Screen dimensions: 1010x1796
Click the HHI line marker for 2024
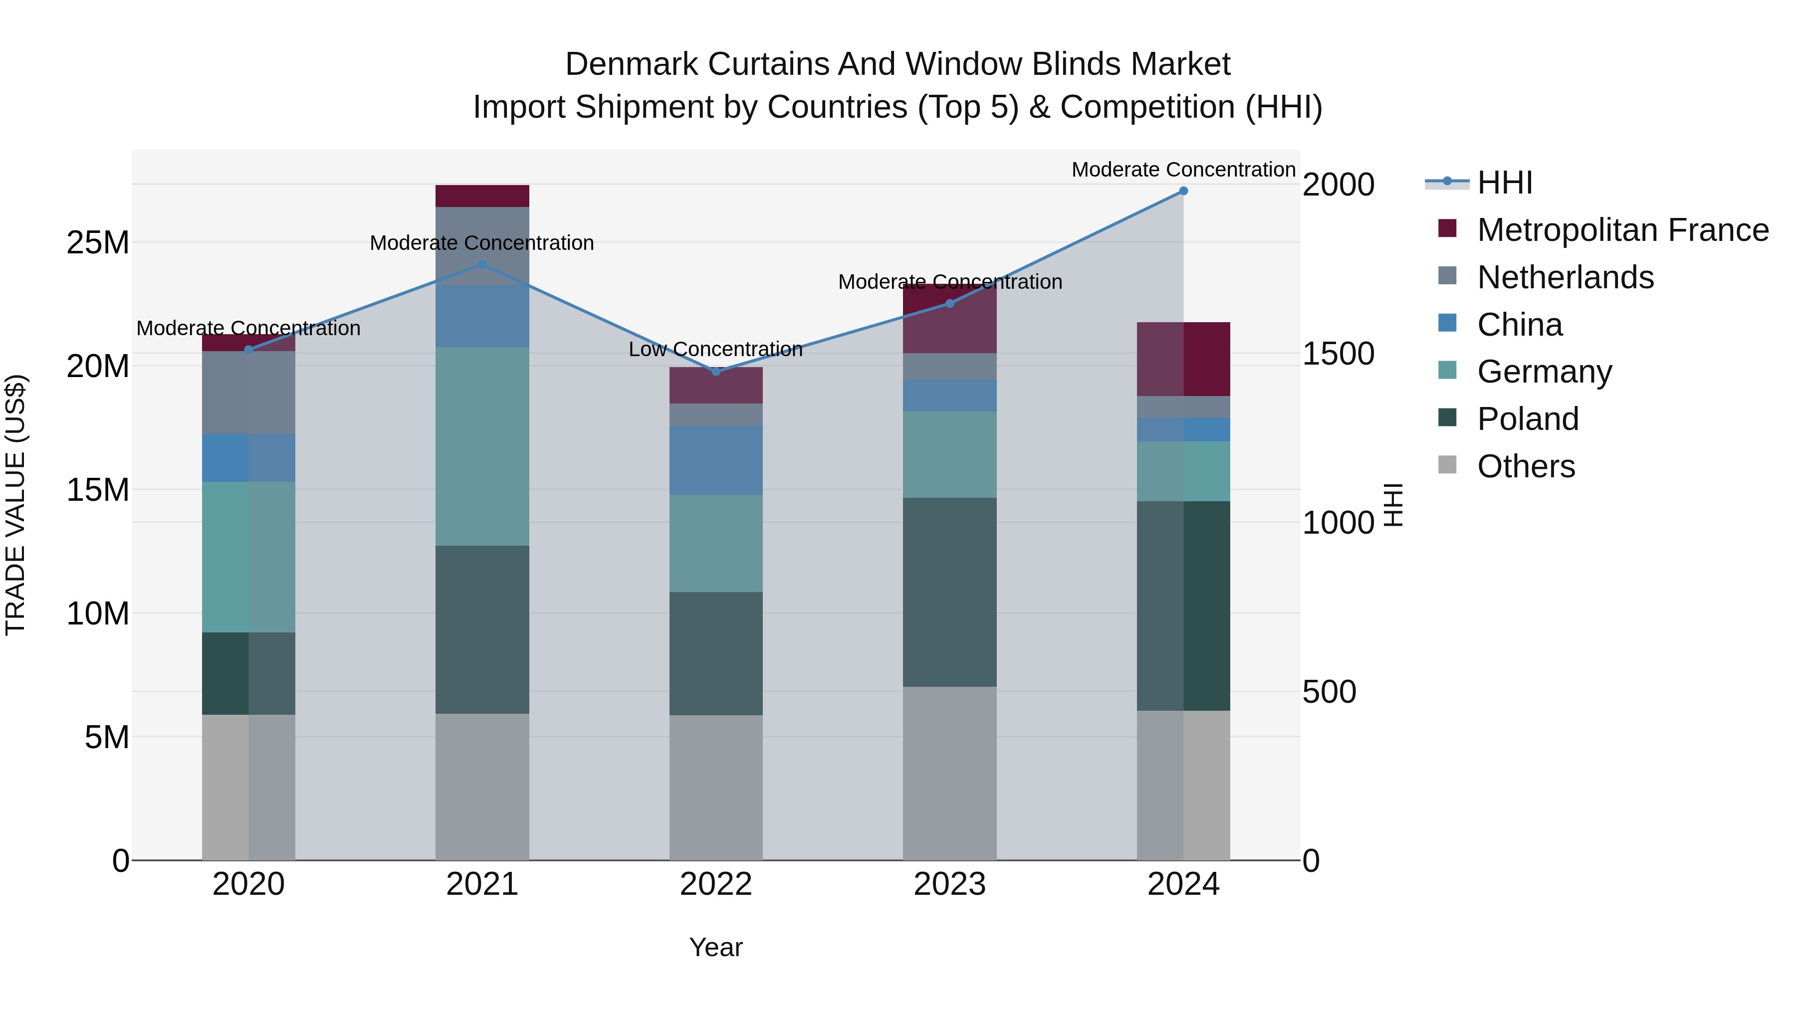pos(1183,191)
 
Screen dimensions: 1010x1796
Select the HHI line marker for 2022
pos(716,372)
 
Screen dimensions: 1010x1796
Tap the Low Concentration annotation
pos(715,349)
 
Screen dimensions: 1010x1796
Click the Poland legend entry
pos(1527,419)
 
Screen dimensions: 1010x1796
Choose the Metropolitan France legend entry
pos(1622,230)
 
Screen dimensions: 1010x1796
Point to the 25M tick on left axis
pos(98,242)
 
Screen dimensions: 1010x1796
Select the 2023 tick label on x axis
pos(949,884)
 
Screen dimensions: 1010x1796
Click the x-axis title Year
pos(716,947)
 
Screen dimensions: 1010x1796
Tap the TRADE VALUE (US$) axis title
pos(15,505)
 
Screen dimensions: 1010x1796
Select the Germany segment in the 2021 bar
pos(482,446)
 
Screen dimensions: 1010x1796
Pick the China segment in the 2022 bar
pos(716,460)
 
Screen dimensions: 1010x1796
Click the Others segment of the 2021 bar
pos(482,786)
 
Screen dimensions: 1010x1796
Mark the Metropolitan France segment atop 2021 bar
pos(482,196)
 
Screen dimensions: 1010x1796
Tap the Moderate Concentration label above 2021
pos(482,243)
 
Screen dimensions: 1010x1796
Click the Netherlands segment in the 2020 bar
pos(249,393)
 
